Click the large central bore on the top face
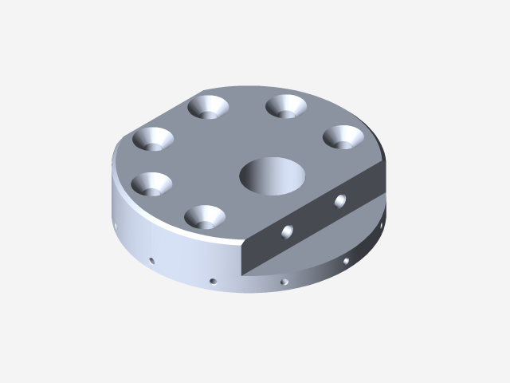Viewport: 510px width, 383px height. pyautogui.click(x=273, y=176)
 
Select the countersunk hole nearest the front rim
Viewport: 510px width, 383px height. pyautogui.click(x=204, y=216)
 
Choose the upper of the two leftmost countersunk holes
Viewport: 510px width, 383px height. pyautogui.click(x=153, y=140)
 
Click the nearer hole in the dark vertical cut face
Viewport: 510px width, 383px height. pyautogui.click(x=287, y=231)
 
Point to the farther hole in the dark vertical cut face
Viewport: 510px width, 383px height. pyautogui.click(x=341, y=199)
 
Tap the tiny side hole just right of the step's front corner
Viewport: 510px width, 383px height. pyautogui.click(x=284, y=281)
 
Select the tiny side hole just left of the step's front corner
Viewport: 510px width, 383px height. pyautogui.click(x=212, y=280)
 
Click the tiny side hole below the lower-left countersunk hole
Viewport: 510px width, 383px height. pyautogui.click(x=151, y=259)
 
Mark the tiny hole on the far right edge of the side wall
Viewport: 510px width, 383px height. pyautogui.click(x=382, y=231)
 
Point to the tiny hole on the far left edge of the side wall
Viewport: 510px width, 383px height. pyautogui.click(x=116, y=226)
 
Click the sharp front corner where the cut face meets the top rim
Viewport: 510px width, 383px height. pyautogui.click(x=241, y=247)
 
